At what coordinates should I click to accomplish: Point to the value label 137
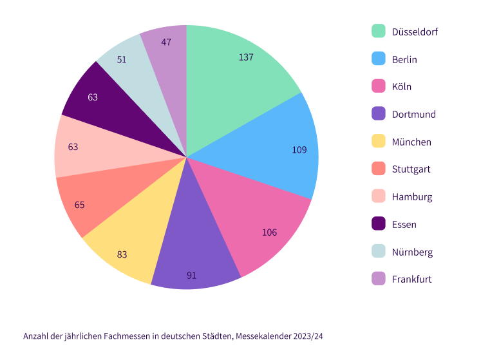click(246, 57)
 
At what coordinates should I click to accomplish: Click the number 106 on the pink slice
click(269, 232)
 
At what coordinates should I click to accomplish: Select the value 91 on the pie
click(191, 276)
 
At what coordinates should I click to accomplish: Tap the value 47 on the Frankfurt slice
click(166, 42)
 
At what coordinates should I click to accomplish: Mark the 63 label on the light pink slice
click(73, 147)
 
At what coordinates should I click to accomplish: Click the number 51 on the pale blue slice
click(122, 59)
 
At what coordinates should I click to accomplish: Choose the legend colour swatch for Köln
click(379, 86)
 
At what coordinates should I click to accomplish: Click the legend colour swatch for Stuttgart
click(379, 169)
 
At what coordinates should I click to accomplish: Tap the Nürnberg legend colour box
click(379, 252)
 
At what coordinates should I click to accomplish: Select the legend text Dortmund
click(413, 115)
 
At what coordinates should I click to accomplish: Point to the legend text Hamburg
click(412, 197)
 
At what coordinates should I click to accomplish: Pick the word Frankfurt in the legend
click(411, 279)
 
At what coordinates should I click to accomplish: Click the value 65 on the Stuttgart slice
click(79, 205)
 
